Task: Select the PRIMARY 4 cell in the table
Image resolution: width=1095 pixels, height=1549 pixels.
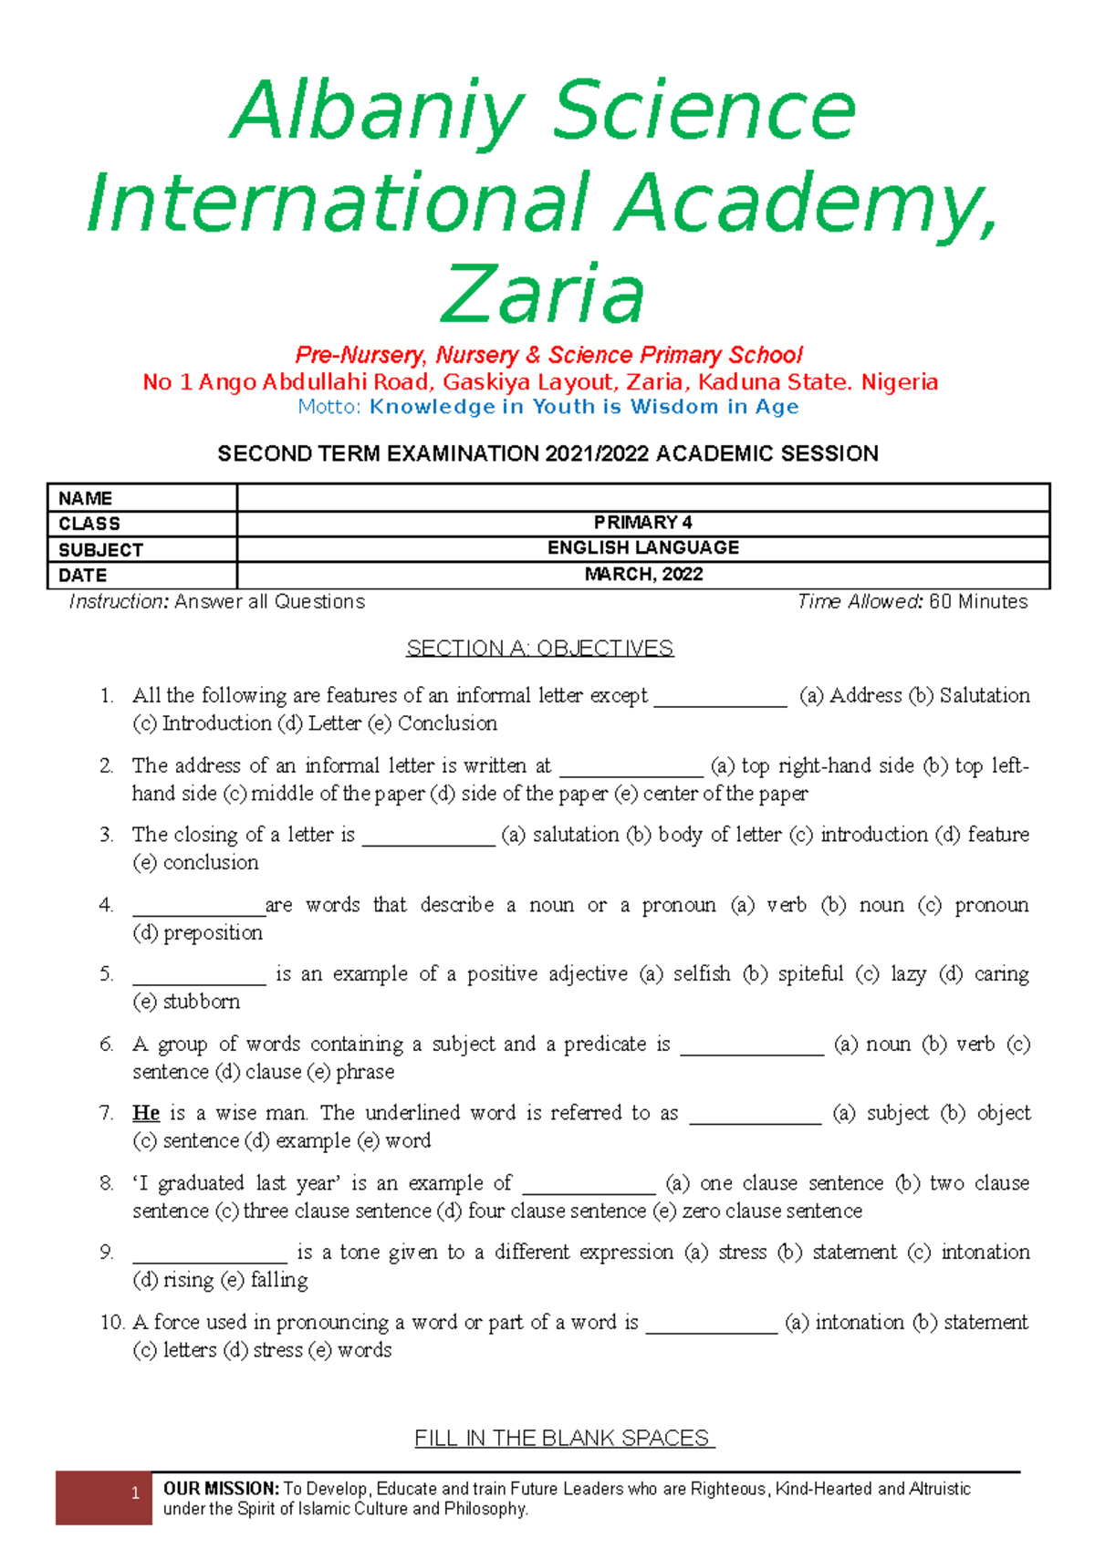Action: point(642,523)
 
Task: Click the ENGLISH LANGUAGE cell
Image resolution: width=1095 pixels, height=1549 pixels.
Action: point(642,547)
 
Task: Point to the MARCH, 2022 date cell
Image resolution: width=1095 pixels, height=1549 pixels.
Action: point(642,574)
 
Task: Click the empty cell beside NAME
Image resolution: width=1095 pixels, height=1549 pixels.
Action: point(642,498)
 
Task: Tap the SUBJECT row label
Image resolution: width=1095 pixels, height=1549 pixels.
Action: point(100,550)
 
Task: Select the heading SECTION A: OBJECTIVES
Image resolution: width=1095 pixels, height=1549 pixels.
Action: point(539,648)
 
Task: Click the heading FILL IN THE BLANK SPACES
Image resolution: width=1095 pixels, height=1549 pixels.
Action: point(563,1438)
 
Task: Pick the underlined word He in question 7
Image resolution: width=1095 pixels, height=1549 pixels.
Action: point(146,1113)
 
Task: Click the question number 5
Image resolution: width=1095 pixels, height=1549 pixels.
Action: point(107,974)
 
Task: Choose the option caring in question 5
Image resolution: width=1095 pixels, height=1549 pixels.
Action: point(1001,974)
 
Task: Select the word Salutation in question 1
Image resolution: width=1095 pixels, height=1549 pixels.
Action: point(985,695)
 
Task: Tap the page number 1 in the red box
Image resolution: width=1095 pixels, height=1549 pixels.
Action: point(135,1493)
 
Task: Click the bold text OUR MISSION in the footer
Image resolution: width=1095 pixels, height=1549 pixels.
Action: point(221,1488)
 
